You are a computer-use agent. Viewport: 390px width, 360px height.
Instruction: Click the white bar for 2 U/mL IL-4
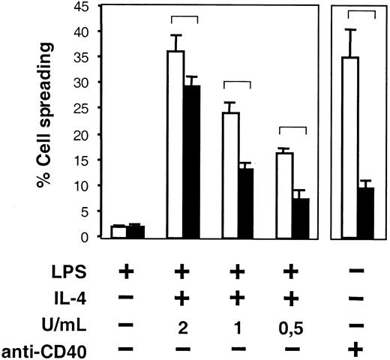(x=176, y=144)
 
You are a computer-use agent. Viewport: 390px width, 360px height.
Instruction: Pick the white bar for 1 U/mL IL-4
(x=233, y=175)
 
